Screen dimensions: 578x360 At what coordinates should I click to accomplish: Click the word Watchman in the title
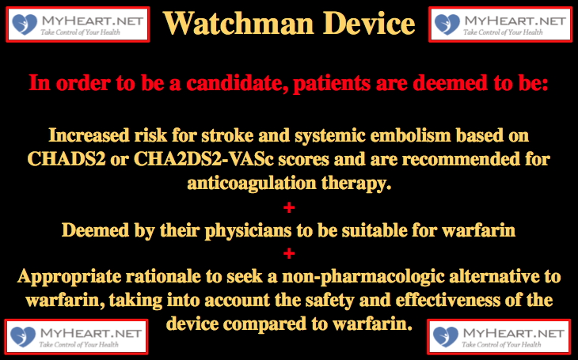238,23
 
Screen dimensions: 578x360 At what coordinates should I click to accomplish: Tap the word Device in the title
369,23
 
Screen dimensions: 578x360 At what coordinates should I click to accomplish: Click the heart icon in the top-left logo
25,25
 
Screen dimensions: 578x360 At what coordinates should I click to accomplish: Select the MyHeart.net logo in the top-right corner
500,25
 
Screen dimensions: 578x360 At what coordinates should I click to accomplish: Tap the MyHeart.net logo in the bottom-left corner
76,337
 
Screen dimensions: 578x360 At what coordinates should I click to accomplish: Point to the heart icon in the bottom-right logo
446,337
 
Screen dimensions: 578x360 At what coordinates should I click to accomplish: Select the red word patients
332,84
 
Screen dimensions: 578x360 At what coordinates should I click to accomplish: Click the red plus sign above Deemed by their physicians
289,208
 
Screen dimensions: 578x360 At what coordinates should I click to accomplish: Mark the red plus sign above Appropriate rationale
289,253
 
